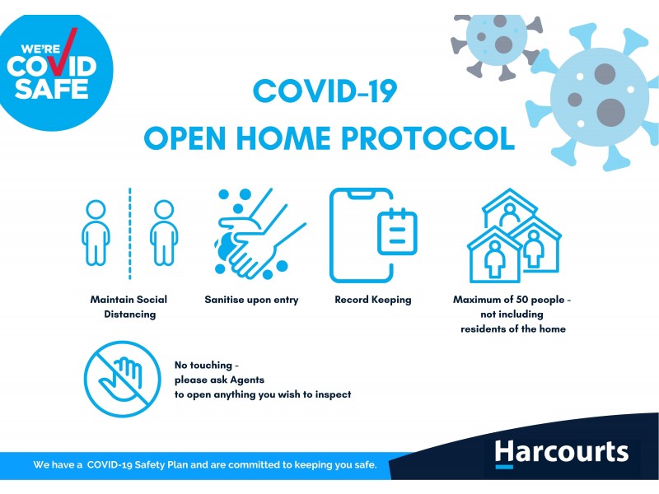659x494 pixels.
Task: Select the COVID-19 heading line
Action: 325,90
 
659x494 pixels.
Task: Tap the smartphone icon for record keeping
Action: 362,235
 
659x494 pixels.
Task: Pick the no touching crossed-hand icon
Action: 121,378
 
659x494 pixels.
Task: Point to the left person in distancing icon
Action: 96,233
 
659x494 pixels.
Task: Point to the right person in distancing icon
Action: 163,233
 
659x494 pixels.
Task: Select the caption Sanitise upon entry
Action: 251,301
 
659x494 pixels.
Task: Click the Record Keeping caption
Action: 372,301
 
